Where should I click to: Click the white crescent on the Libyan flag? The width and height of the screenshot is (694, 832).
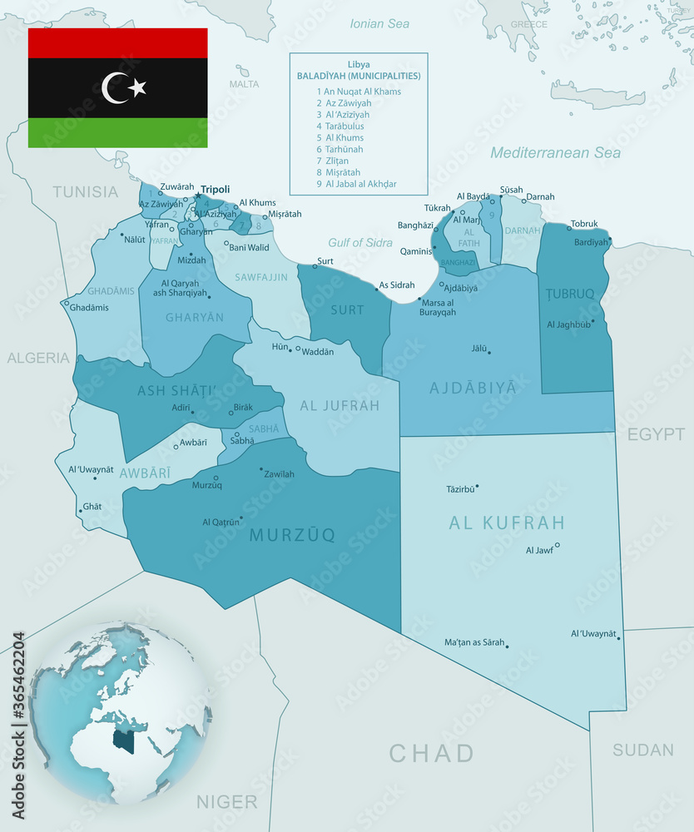click(113, 88)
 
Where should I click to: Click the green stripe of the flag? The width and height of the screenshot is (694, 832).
click(117, 132)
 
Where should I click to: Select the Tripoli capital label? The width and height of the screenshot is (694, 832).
click(215, 190)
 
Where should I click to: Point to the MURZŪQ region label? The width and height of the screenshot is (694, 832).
click(292, 535)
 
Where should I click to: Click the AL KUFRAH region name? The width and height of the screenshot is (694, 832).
click(507, 523)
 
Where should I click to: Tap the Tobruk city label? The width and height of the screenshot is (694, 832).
click(584, 224)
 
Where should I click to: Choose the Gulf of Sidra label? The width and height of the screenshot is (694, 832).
click(360, 243)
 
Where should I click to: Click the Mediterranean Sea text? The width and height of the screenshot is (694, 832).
click(555, 153)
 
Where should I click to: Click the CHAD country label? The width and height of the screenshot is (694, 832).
click(431, 754)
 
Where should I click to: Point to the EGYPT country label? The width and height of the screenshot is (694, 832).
click(656, 435)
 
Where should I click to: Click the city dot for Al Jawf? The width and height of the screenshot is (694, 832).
click(558, 545)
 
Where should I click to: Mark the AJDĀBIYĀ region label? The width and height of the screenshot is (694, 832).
click(473, 388)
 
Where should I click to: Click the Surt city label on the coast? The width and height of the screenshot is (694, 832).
click(326, 261)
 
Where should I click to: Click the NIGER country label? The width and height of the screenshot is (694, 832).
click(226, 802)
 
